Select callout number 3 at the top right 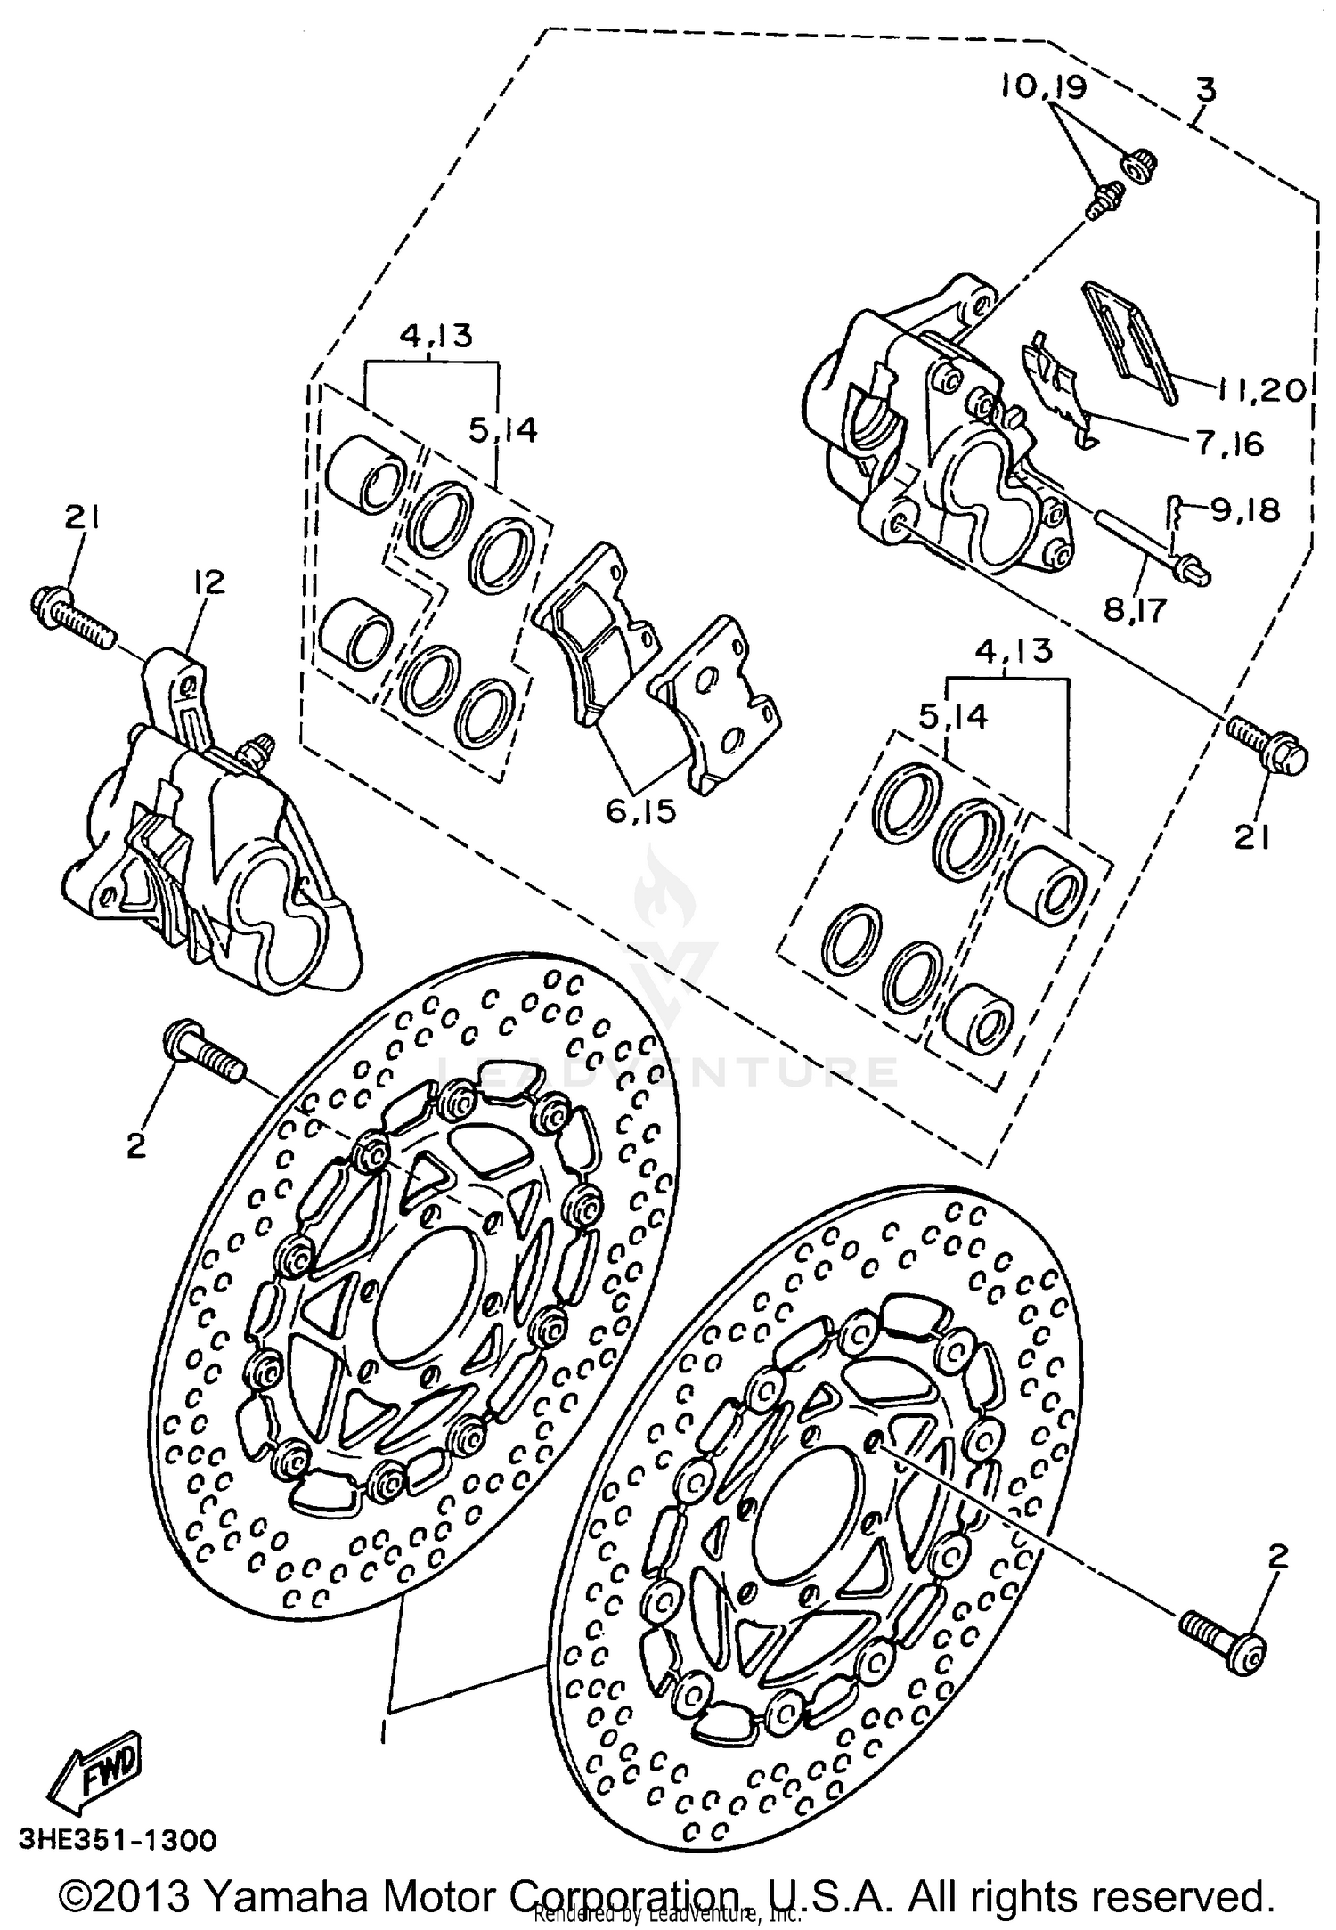click(x=1206, y=91)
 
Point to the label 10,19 click(x=1042, y=86)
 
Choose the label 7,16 click(x=1229, y=443)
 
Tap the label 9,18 click(x=1244, y=509)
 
